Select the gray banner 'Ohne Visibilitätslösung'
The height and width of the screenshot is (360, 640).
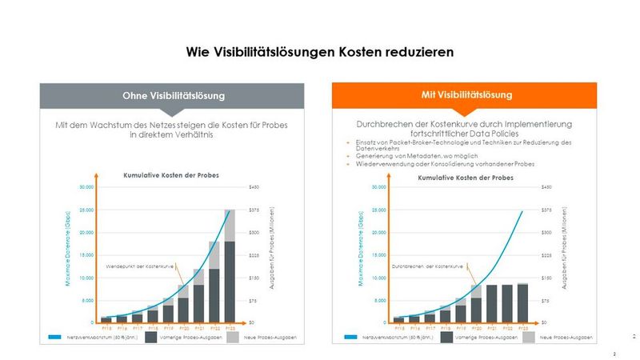click(x=173, y=96)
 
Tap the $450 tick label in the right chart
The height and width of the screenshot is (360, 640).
click(x=546, y=187)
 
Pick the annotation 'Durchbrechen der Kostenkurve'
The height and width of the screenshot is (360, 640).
click(x=425, y=265)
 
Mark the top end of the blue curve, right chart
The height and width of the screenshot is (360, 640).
click(x=522, y=211)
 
